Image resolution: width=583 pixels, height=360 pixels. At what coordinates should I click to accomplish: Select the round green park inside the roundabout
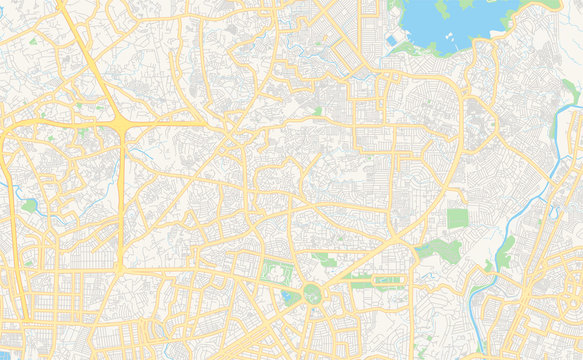tap(311, 293)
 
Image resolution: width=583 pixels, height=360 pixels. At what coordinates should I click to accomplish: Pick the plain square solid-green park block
tap(457, 218)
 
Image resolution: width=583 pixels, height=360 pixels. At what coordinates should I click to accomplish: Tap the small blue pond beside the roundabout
tap(290, 297)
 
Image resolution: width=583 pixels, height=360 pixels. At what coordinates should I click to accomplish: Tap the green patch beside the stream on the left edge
tap(29, 205)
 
